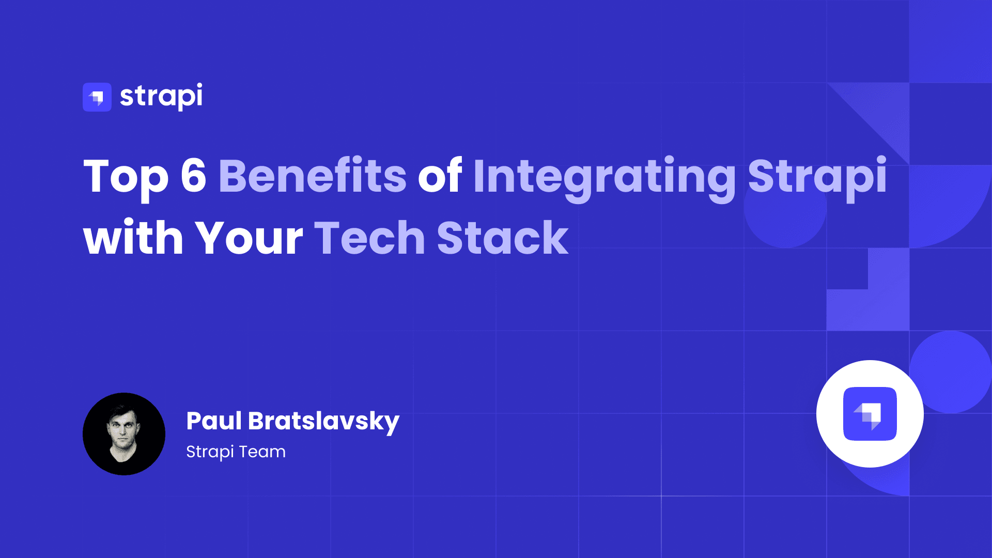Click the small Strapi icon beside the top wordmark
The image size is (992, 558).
pyautogui.click(x=97, y=97)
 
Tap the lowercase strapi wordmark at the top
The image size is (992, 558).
pyautogui.click(x=161, y=97)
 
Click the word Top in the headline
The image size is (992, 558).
pyautogui.click(x=126, y=177)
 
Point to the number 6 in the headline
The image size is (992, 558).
pyautogui.click(x=193, y=176)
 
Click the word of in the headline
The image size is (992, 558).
pyautogui.click(x=440, y=176)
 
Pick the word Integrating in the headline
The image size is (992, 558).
pyautogui.click(x=604, y=177)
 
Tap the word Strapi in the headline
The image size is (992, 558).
pyautogui.click(x=817, y=177)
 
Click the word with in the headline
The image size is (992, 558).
pyautogui.click(x=133, y=238)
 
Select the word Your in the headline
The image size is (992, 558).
pyautogui.click(x=249, y=238)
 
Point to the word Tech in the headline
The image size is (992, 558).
pyautogui.click(x=369, y=238)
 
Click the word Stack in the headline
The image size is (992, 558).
pyautogui.click(x=502, y=238)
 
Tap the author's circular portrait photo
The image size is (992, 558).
pyautogui.click(x=124, y=434)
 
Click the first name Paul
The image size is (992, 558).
pyautogui.click(x=214, y=421)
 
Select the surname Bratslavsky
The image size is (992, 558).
pyautogui.click(x=323, y=422)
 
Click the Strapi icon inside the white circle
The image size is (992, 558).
pyautogui.click(x=870, y=414)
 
